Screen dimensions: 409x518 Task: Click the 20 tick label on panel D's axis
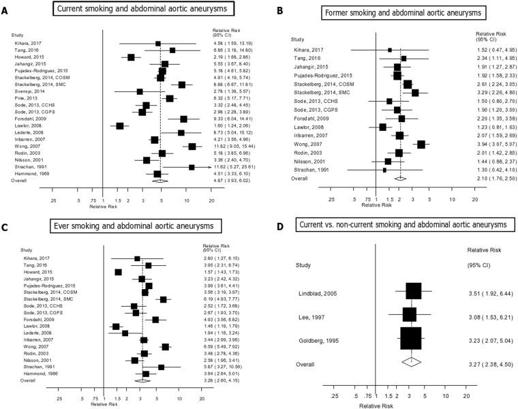pos(466,395)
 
